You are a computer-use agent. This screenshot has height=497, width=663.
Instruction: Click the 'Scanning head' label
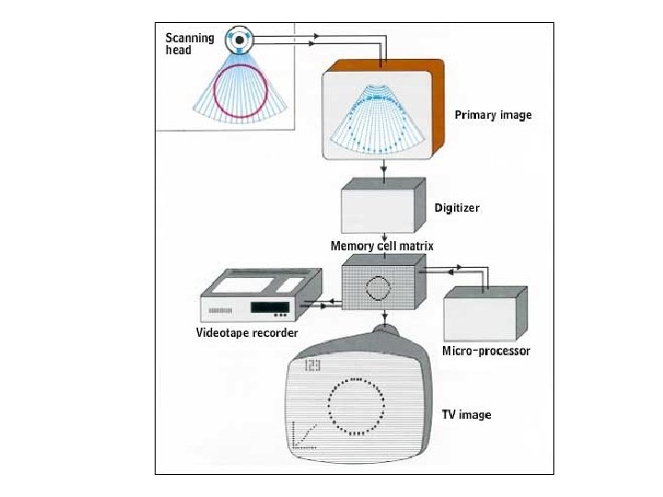tap(190, 43)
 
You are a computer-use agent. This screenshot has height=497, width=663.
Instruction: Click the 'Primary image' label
tap(493, 115)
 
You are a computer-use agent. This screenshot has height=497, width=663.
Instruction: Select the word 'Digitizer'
tap(457, 208)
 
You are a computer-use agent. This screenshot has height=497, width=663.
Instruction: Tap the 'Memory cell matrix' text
tap(382, 247)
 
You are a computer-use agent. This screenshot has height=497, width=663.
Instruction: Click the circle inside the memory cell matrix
tap(378, 288)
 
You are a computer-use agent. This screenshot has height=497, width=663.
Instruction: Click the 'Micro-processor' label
tap(485, 352)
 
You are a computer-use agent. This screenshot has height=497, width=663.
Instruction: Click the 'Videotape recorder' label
tap(247, 332)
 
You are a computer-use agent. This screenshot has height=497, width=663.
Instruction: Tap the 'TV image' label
tap(467, 415)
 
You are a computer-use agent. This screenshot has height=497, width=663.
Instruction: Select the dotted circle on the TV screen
tap(357, 406)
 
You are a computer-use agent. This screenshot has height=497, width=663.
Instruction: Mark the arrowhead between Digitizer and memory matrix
tap(383, 237)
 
